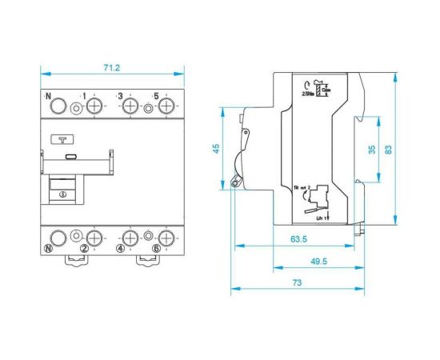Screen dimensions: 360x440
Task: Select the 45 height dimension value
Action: pos(214,149)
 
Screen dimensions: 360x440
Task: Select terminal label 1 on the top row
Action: pos(83,95)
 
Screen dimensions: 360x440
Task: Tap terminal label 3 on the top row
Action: pos(120,95)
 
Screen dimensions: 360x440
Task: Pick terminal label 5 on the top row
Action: pos(156,95)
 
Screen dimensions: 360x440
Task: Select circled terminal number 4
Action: pos(120,249)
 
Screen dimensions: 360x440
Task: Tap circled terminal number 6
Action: pos(156,249)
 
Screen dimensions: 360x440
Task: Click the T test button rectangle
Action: pos(61,138)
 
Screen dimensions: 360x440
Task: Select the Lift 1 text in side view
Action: pos(323,217)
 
